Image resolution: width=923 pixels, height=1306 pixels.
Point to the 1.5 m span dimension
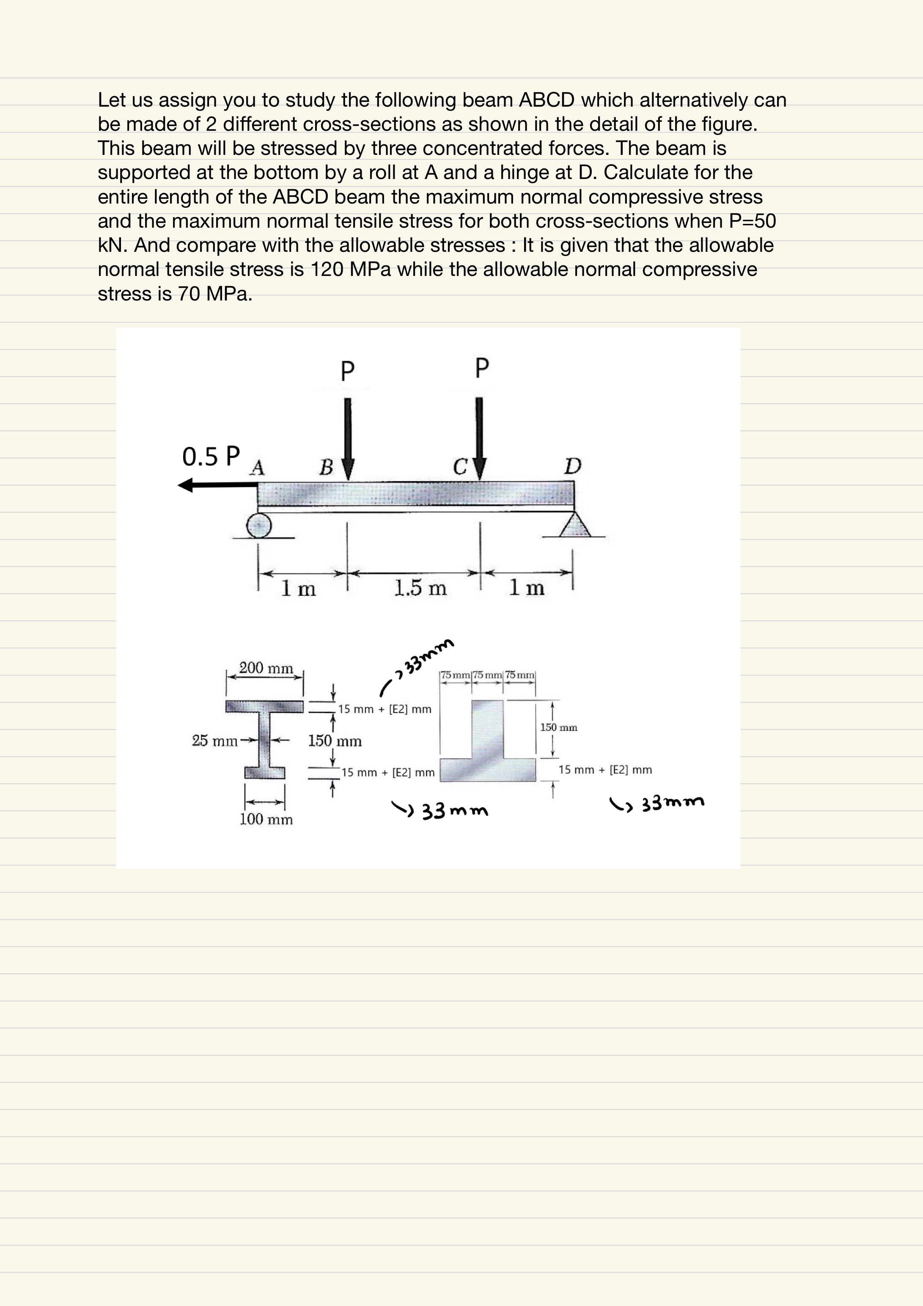(x=420, y=587)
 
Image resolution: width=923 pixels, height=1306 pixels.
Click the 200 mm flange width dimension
(x=266, y=668)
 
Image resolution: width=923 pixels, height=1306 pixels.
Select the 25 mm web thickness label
(x=214, y=741)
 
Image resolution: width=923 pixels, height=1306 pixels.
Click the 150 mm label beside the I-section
(x=335, y=741)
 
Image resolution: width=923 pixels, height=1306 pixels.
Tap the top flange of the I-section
(x=265, y=706)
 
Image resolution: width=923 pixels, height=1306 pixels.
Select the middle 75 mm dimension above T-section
(x=487, y=675)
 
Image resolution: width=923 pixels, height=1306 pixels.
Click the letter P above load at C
(x=482, y=368)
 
